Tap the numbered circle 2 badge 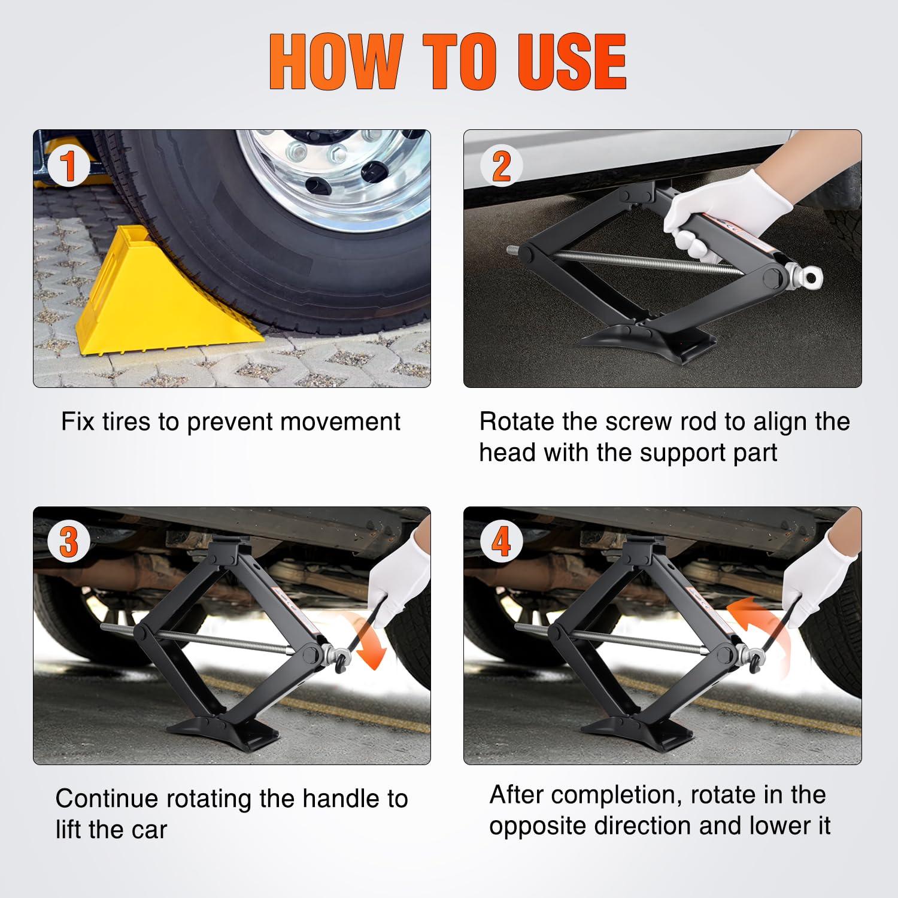[501, 166]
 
